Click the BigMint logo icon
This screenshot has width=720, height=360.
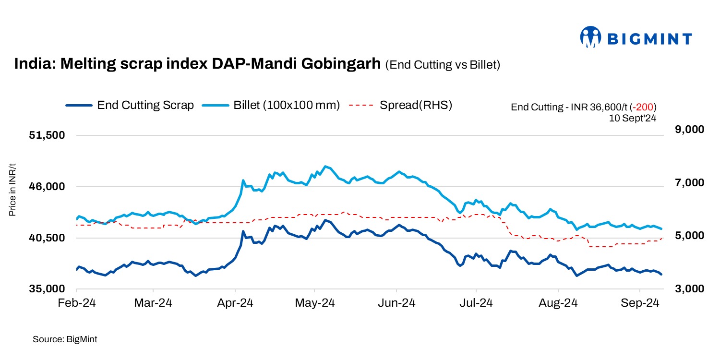pyautogui.click(x=591, y=37)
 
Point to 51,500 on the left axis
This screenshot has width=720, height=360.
pyautogui.click(x=47, y=135)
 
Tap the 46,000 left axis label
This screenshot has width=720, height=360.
pyautogui.click(x=47, y=187)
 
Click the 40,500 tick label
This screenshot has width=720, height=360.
pyautogui.click(x=47, y=238)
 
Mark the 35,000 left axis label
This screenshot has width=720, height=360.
pyautogui.click(x=47, y=289)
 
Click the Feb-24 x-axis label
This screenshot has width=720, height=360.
pyautogui.click(x=76, y=303)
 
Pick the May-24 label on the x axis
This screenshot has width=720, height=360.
pyautogui.click(x=314, y=303)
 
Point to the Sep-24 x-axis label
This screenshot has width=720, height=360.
pyautogui.click(x=640, y=303)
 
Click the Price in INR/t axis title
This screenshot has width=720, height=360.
pyautogui.click(x=13, y=190)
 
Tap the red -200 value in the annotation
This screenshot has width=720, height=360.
pyautogui.click(x=646, y=107)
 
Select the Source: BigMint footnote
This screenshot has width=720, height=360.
pyautogui.click(x=65, y=339)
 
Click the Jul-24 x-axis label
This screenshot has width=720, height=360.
pyautogui.click(x=476, y=303)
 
